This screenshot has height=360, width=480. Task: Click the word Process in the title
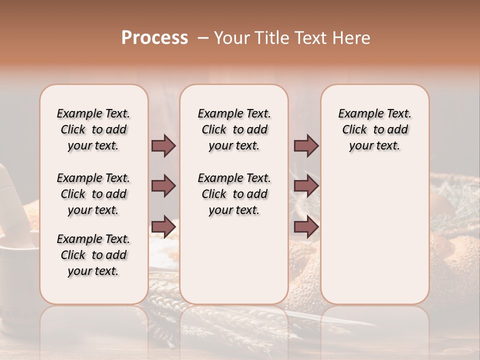[x=154, y=38]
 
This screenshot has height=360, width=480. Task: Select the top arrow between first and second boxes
[x=163, y=145]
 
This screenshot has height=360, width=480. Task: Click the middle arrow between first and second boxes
[x=163, y=186]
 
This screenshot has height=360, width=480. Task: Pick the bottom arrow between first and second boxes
[x=163, y=227]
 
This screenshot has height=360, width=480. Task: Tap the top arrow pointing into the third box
[x=306, y=145]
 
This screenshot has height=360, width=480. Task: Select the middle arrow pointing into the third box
[x=306, y=186]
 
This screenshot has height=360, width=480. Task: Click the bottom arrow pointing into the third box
[x=306, y=227]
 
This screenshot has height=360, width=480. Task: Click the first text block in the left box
[x=93, y=129]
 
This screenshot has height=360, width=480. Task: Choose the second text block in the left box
[x=93, y=194]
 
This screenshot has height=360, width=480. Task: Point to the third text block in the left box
[x=93, y=255]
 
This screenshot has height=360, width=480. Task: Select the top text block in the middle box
[x=234, y=129]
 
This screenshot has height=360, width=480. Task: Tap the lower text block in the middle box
[x=234, y=194]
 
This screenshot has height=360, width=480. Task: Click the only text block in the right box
[x=374, y=129]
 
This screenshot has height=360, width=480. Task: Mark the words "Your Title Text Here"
[x=292, y=38]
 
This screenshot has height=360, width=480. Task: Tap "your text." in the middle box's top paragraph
[x=234, y=146]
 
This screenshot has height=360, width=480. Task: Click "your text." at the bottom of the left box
[x=93, y=271]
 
